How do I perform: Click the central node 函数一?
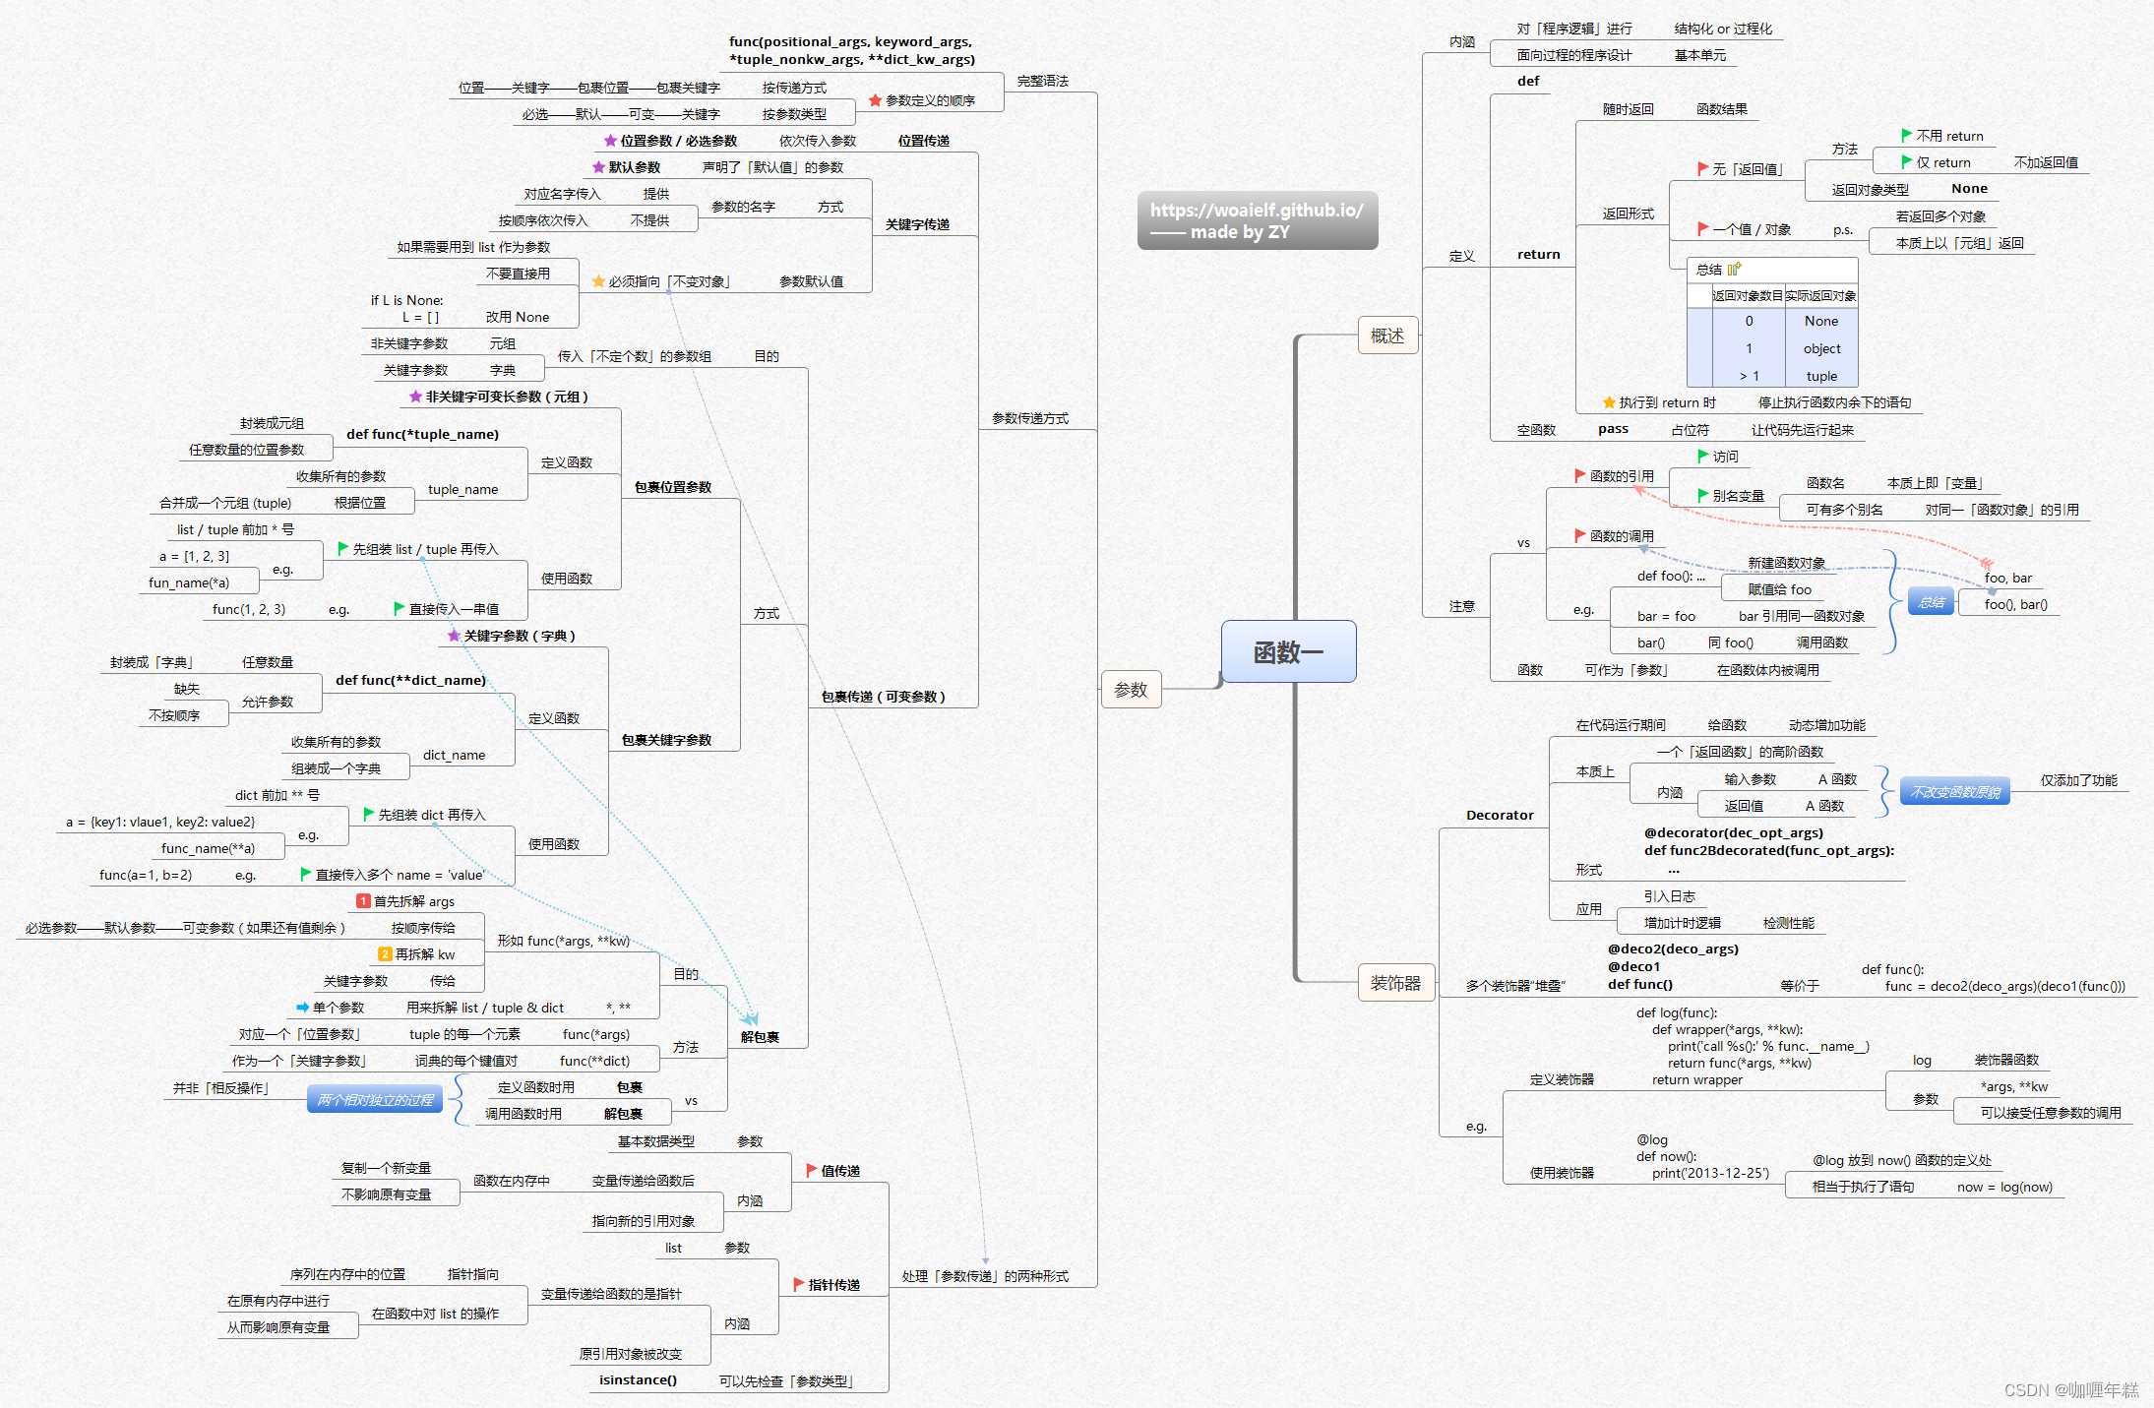1288,651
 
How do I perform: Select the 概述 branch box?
1387,336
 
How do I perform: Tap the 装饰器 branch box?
1395,983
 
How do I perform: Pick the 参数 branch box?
1131,690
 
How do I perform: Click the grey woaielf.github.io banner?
1257,220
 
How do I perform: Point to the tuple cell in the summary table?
1821,376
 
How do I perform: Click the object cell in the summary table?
1821,348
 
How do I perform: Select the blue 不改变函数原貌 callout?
1955,792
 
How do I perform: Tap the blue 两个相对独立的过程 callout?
375,1100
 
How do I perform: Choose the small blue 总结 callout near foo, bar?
1931,602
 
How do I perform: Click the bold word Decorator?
1500,815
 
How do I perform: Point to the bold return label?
1538,254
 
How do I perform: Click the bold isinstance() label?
638,1379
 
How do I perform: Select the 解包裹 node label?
760,1037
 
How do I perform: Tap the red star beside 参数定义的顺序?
875,100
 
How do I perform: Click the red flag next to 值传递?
812,1170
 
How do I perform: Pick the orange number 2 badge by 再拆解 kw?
386,954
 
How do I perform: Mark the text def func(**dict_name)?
410,680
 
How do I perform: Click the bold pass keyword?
1613,429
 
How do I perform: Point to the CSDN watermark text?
2070,1389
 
